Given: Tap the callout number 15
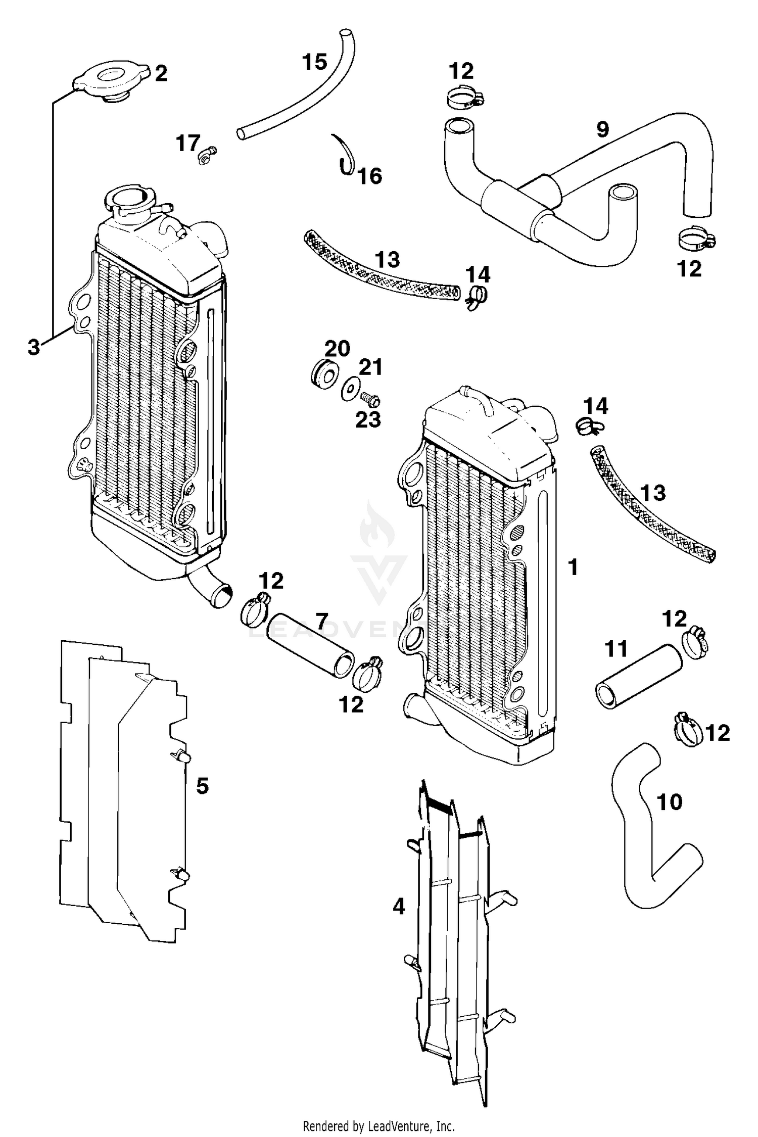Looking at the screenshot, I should coord(314,62).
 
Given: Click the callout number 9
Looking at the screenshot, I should coord(602,129).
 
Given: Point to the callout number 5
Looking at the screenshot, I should coord(202,786).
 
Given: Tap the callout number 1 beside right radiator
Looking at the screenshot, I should coord(573,567).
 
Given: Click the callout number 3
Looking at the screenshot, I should coord(33,347).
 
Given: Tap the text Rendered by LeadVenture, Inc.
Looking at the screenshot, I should coord(378,1126).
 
